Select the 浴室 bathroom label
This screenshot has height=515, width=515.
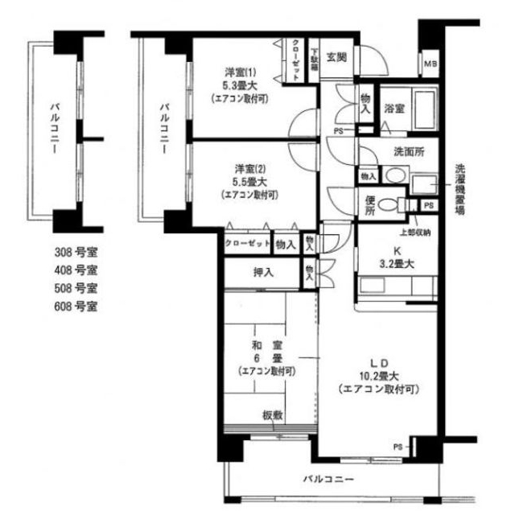[x=393, y=108]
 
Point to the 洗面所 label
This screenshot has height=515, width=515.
[x=409, y=150]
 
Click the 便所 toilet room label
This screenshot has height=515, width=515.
[x=369, y=206]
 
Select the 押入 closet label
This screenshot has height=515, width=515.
[x=263, y=272]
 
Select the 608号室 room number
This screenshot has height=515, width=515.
[x=75, y=307]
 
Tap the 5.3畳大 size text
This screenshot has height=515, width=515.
[x=239, y=84]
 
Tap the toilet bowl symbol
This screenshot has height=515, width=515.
[x=388, y=204]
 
